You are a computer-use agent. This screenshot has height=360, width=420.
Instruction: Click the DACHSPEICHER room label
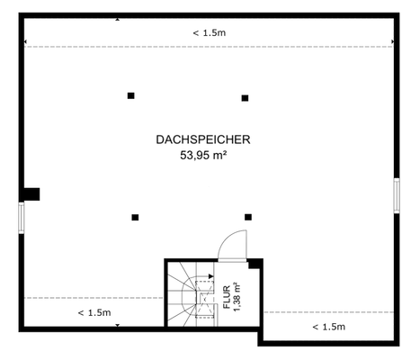(x=202, y=139)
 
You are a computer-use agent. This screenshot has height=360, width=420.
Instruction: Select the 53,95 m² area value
(x=202, y=155)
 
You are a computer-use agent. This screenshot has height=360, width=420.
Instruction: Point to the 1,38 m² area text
(x=238, y=298)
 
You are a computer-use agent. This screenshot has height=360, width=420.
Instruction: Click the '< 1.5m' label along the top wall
(x=209, y=33)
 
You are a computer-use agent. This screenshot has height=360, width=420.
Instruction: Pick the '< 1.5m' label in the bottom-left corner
(x=94, y=312)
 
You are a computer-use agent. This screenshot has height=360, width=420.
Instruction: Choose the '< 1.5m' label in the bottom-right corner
(x=328, y=326)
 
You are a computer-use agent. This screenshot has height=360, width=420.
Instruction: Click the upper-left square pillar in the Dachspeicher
(x=130, y=95)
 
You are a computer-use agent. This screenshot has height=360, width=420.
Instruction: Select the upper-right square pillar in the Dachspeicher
(x=245, y=98)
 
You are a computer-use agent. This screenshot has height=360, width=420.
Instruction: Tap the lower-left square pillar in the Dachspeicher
(x=135, y=217)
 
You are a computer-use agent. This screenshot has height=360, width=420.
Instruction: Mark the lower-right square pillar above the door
(x=248, y=217)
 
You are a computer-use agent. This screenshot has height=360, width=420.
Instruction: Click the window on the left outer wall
(x=22, y=217)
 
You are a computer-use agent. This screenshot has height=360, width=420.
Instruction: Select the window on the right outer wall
(x=396, y=194)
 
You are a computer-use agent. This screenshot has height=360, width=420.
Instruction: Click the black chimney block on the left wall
(x=31, y=193)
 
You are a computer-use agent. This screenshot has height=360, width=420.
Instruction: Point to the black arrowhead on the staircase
(x=210, y=278)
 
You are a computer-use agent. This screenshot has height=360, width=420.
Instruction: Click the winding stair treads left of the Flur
(x=184, y=292)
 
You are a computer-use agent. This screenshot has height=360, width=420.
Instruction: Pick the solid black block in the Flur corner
(x=255, y=264)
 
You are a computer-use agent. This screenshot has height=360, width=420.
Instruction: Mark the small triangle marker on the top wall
(x=118, y=18)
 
